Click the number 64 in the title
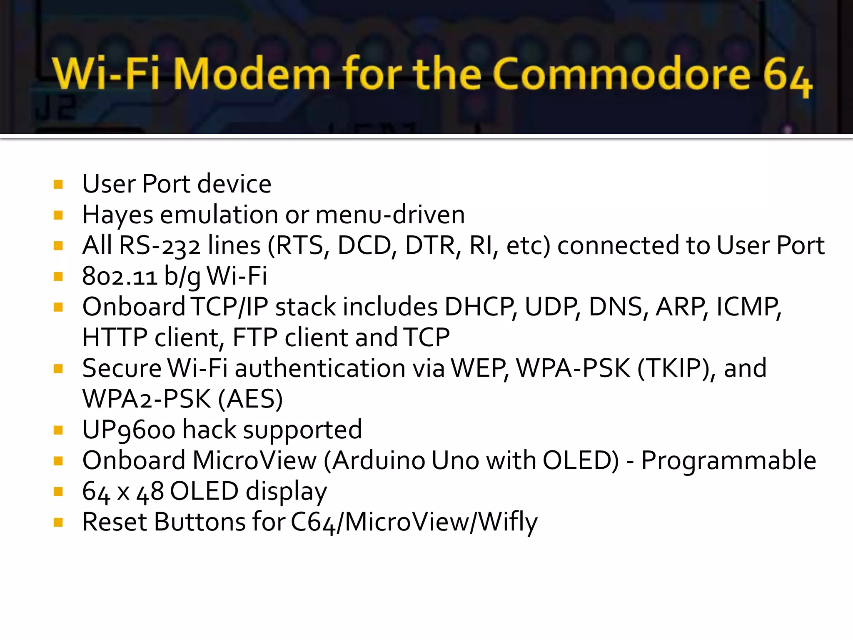787,77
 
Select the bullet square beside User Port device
58,184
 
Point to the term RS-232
160,245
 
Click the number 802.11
120,276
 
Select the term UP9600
129,430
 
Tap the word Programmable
728,460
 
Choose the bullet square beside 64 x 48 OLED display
58,492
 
